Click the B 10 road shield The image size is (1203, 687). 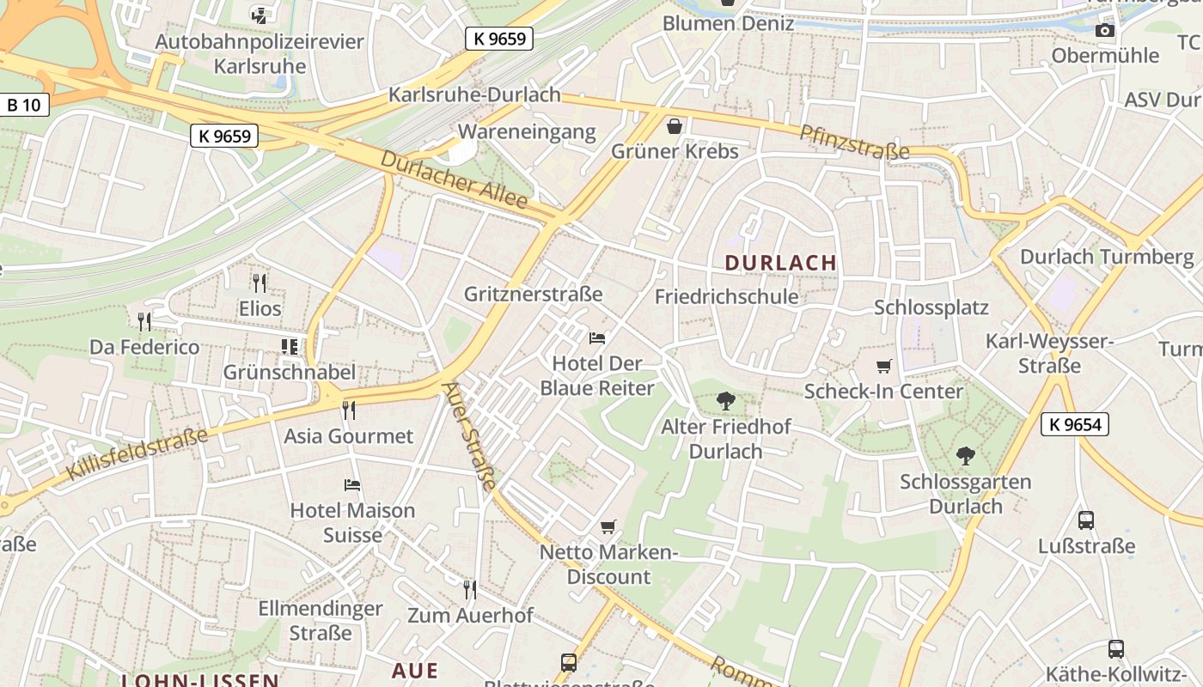pos(23,106)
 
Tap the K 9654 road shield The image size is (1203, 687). pos(1074,423)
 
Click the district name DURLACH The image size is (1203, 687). pos(780,263)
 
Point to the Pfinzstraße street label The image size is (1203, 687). pos(854,142)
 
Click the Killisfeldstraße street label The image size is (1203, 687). pos(137,453)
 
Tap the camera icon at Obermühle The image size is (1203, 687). pos(1105,31)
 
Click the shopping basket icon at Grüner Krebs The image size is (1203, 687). pos(675,126)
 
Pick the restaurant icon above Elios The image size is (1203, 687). pos(260,283)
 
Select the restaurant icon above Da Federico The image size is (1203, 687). pos(144,322)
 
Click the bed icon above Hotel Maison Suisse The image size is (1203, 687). pos(352,485)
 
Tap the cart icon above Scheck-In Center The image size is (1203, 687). pos(883,367)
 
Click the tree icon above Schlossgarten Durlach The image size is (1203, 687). pos(966,456)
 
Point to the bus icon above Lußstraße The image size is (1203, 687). pos(1086,520)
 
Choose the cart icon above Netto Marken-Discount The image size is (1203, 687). pos(608,526)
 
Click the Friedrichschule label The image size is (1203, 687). pos(726,297)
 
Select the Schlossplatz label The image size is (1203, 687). pos(931,307)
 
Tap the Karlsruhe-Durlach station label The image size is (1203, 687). pos(474,94)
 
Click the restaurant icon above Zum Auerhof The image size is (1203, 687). pos(470,590)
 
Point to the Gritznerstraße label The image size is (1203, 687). pos(533,294)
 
